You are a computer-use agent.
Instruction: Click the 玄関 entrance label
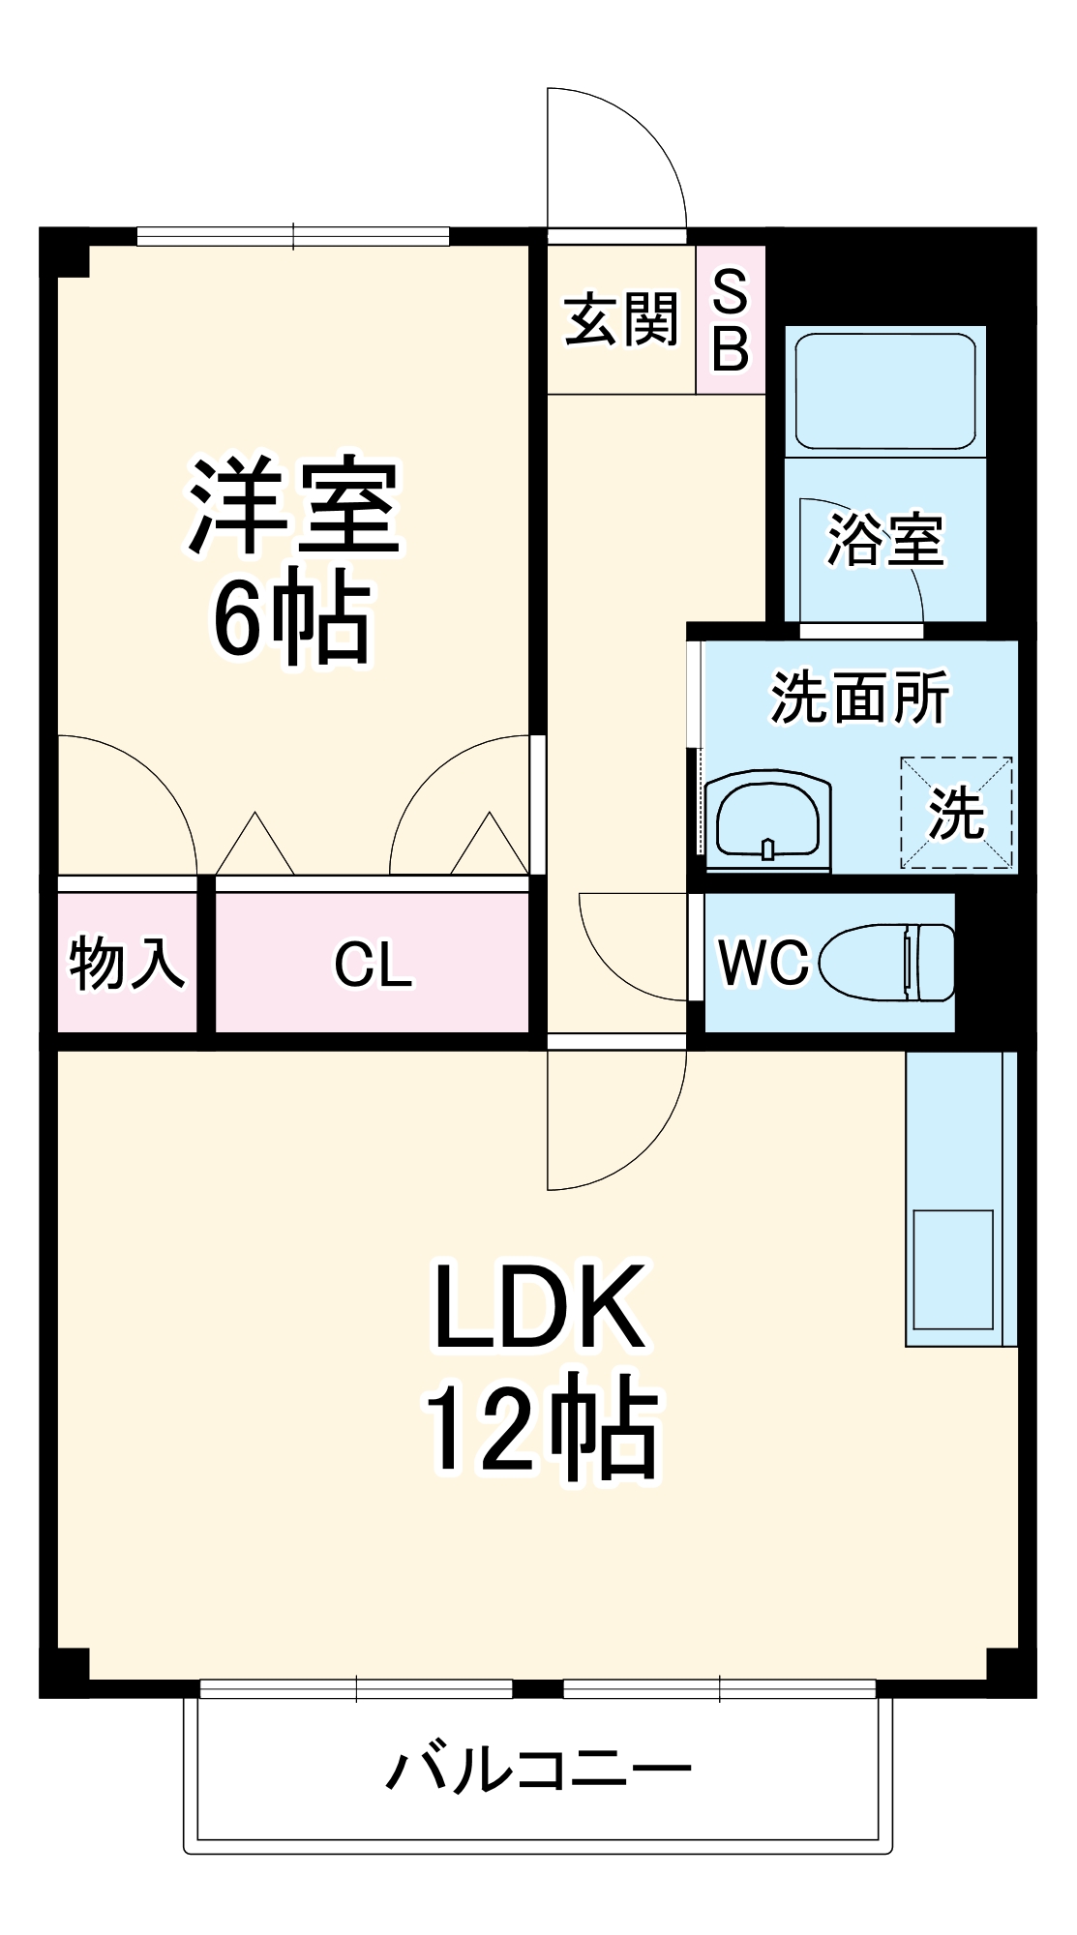621,319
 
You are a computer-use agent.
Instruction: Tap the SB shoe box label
731,320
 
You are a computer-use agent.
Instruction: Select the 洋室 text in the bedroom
293,505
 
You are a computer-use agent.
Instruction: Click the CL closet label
372,965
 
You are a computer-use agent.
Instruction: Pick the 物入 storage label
127,963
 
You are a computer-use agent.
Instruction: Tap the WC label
763,963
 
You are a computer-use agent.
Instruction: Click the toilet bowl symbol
885,963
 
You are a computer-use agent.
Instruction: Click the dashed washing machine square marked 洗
956,813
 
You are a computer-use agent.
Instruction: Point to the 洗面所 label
859,698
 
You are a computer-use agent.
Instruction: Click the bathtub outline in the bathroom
884,391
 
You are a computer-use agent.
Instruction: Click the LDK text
538,1306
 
